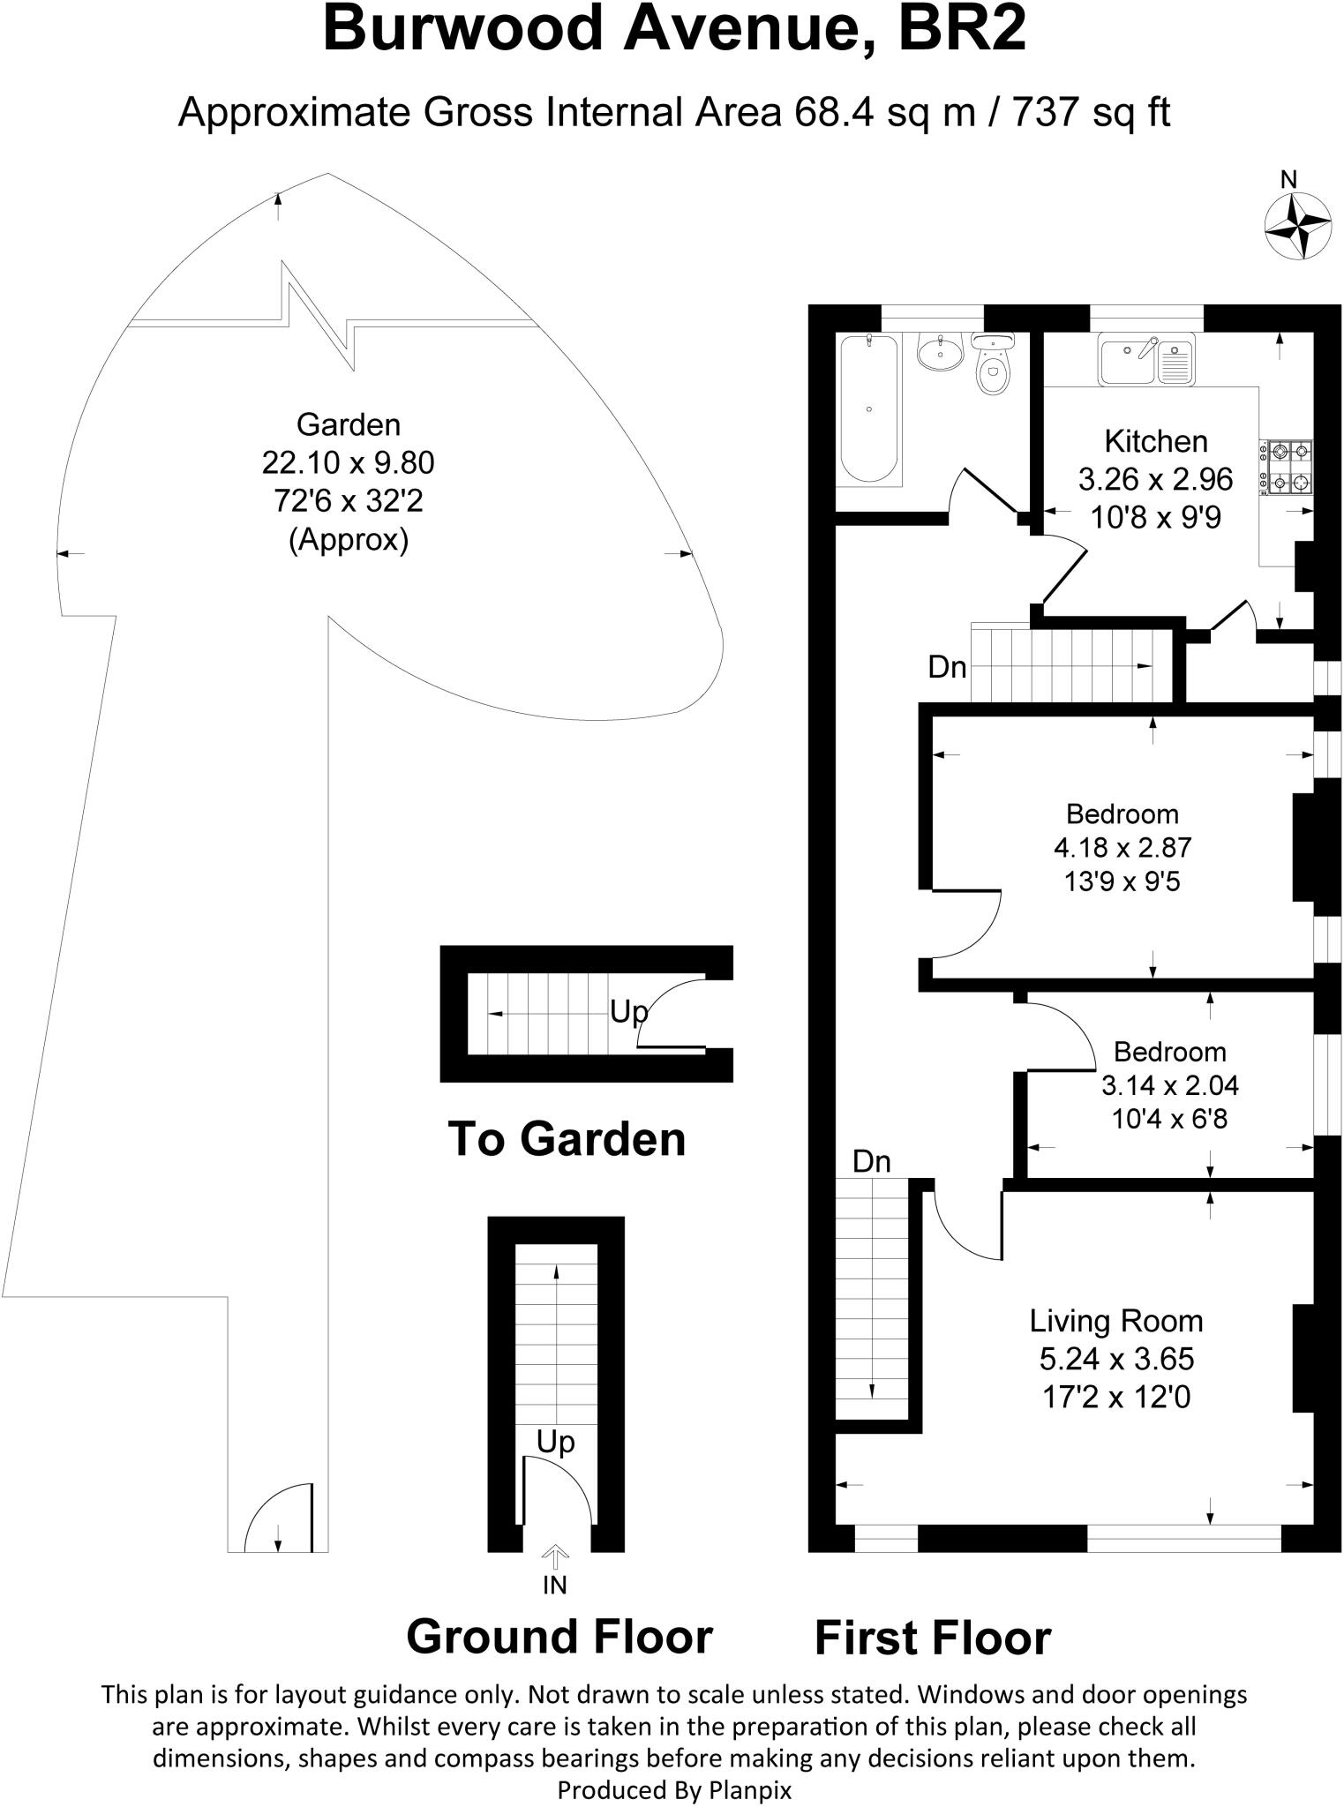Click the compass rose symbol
click(x=1297, y=227)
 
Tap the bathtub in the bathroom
click(x=869, y=408)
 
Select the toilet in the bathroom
click(x=994, y=367)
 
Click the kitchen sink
click(x=1145, y=359)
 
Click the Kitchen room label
click(x=1155, y=441)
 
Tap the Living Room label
click(x=1116, y=1321)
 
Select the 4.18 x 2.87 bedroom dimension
click(x=1123, y=848)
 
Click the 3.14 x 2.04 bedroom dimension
click(x=1170, y=1085)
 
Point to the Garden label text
click(x=349, y=424)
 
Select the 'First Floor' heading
click(x=933, y=1638)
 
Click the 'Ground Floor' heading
click(x=559, y=1637)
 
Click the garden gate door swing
click(x=276, y=1518)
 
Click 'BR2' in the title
click(x=962, y=31)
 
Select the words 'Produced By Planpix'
click(x=674, y=1790)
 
